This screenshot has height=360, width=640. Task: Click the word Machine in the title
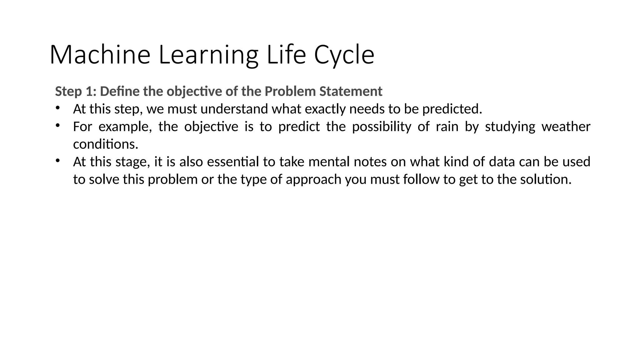point(100,55)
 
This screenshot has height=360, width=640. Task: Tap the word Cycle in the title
point(344,55)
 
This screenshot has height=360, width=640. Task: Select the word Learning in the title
point(208,55)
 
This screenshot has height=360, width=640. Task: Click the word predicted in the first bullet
point(452,109)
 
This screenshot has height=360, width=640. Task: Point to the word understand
point(234,109)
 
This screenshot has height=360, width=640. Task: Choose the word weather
point(566,127)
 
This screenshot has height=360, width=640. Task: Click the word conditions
point(105,144)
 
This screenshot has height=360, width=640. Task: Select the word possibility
point(381,127)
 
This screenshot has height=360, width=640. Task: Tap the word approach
point(313,179)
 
